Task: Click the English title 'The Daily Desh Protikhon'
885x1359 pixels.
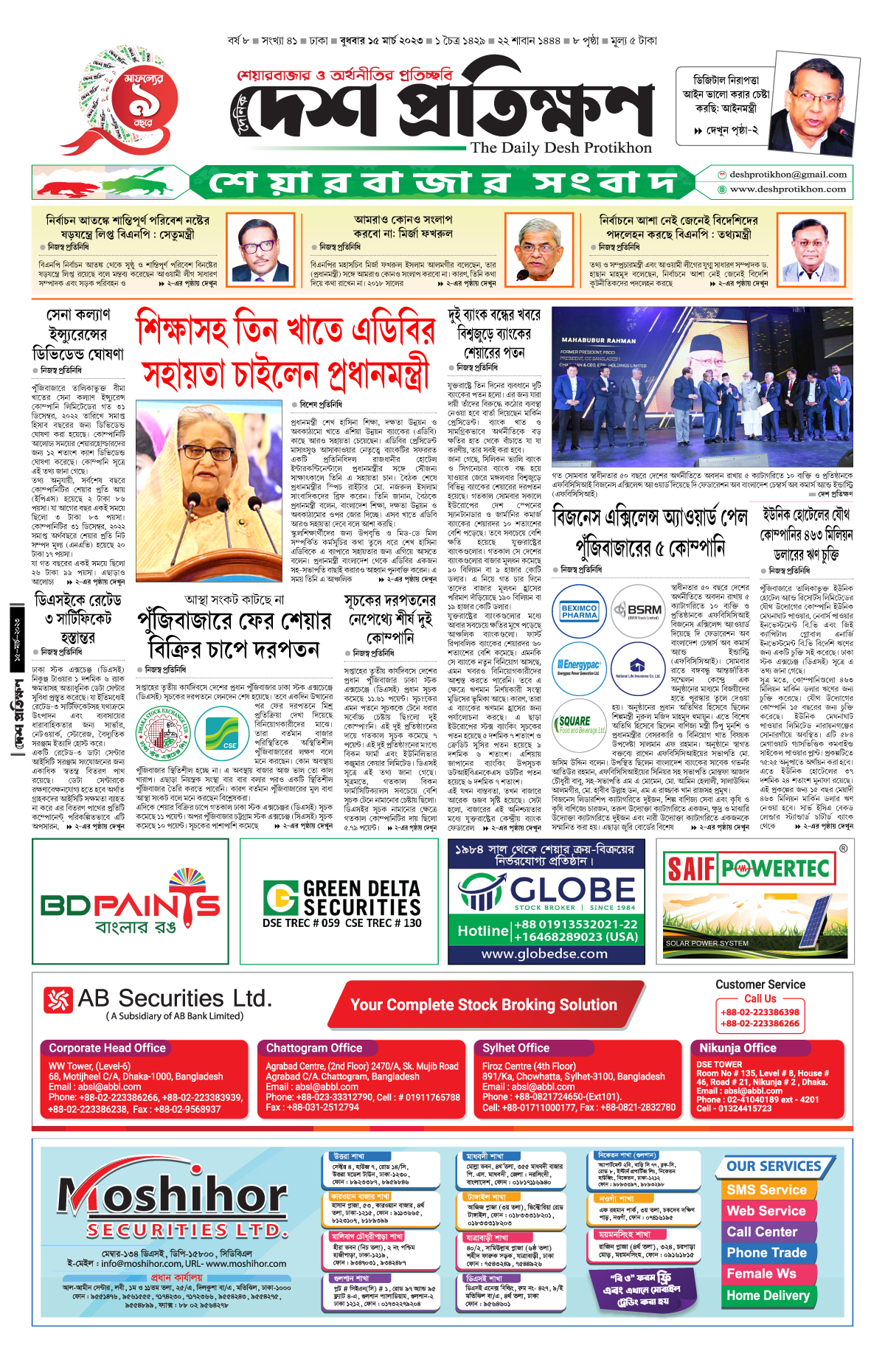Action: tap(561, 147)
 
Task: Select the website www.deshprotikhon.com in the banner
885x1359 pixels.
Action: tap(788, 190)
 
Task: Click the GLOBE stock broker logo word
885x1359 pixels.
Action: tap(571, 890)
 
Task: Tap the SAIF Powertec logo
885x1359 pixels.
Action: tap(748, 869)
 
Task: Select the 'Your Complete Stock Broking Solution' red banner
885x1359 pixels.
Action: tap(484, 1004)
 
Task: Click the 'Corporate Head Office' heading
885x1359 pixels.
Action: tap(107, 1048)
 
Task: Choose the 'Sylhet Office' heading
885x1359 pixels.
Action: tap(516, 1048)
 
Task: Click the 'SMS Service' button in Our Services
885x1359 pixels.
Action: tap(766, 1189)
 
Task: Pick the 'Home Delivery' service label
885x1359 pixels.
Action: tap(768, 1295)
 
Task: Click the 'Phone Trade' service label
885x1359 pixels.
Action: tap(766, 1253)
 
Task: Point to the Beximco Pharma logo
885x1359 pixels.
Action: tap(580, 611)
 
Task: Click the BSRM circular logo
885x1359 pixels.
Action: tap(638, 611)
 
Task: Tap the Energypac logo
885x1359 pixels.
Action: tap(580, 667)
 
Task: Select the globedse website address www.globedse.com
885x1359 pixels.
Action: tap(544, 953)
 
